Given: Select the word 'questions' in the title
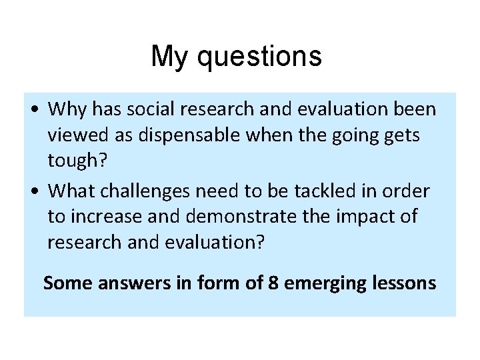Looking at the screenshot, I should click(261, 58).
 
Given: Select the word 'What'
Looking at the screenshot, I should click(73, 191).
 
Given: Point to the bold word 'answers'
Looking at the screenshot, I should click(127, 283).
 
